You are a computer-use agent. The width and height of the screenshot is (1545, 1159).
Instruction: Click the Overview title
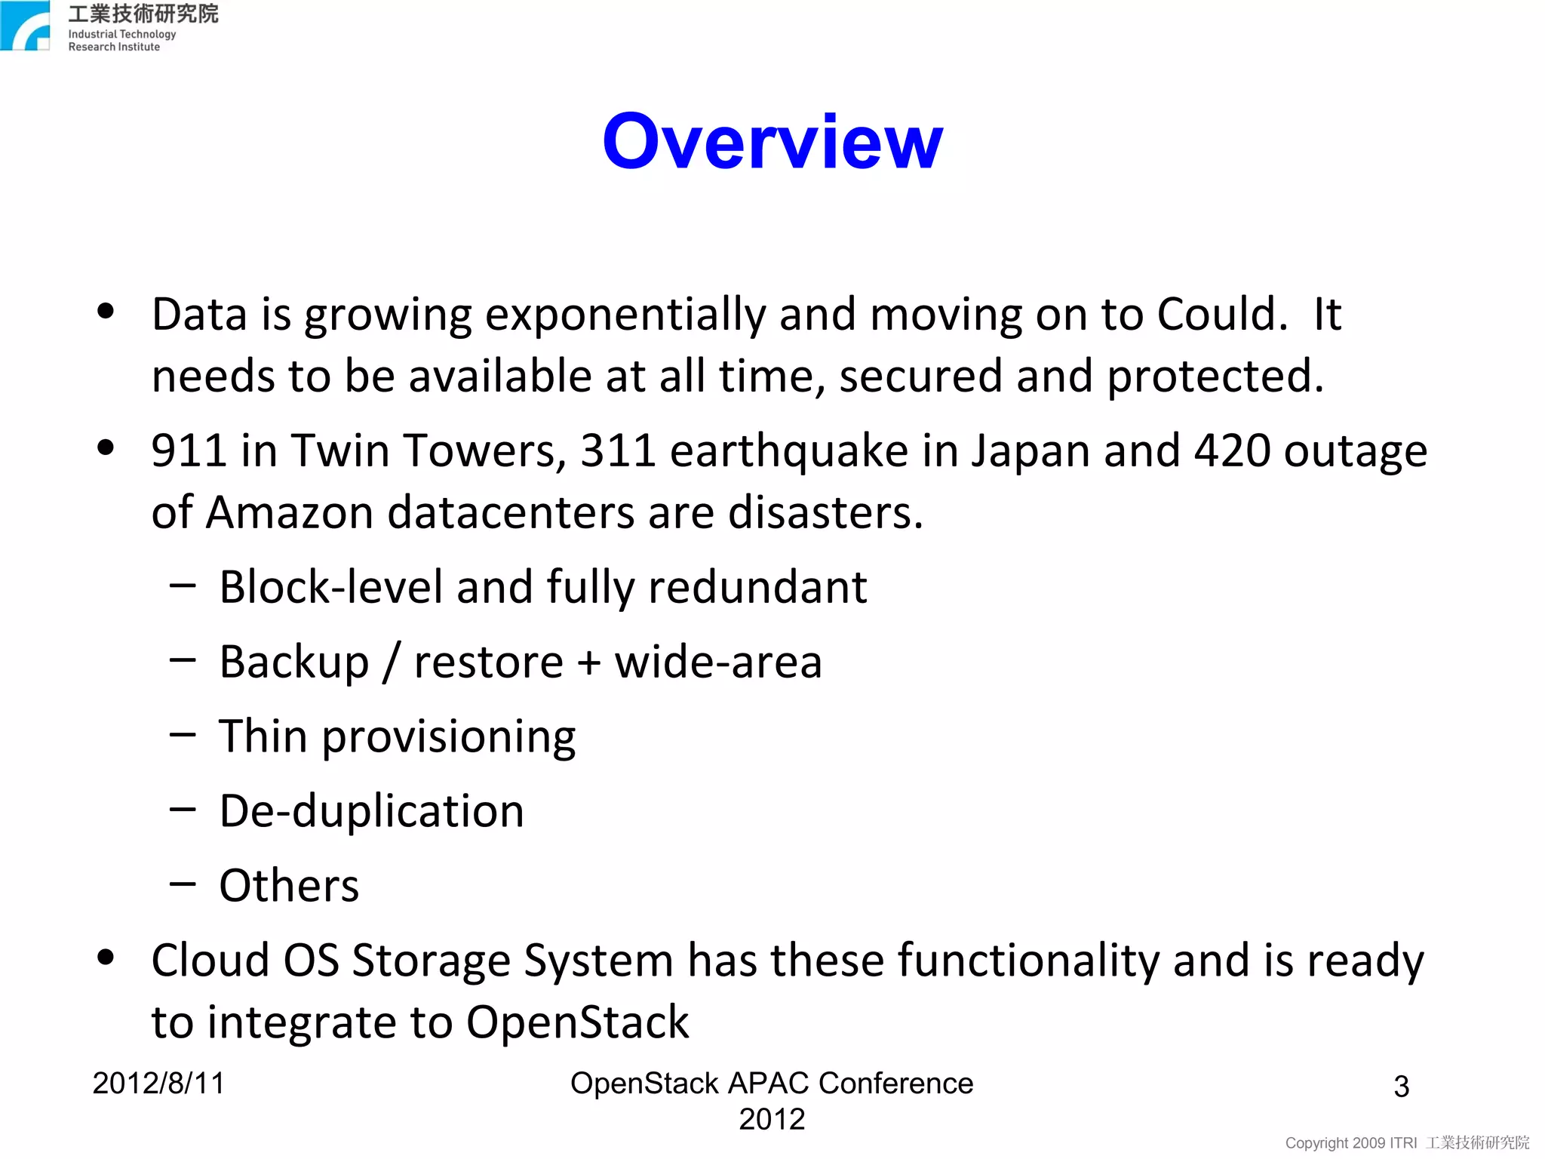(x=772, y=141)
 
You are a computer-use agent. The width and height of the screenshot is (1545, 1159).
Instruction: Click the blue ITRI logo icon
(x=25, y=26)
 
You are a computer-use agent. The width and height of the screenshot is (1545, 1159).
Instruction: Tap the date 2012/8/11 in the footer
(x=158, y=1084)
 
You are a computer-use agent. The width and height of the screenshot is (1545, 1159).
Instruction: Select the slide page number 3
(x=1401, y=1087)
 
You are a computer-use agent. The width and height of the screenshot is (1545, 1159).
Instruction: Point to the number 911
(x=189, y=450)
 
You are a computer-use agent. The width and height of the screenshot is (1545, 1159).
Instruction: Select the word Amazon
(x=289, y=512)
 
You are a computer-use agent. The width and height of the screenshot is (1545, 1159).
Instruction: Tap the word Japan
(x=1031, y=452)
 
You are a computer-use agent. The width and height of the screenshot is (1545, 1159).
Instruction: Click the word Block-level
(x=330, y=587)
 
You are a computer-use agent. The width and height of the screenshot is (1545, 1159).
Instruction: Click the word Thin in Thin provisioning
(x=263, y=736)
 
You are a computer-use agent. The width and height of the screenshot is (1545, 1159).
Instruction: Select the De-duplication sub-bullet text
(x=371, y=811)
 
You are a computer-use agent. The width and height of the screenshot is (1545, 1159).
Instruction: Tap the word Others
(x=289, y=886)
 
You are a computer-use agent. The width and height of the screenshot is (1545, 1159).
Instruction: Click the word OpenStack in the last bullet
(x=577, y=1022)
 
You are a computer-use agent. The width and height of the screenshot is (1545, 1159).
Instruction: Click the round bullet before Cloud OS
(x=106, y=957)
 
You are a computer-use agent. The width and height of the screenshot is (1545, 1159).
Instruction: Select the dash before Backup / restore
(x=183, y=660)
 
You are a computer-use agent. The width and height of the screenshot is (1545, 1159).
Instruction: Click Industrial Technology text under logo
(x=121, y=34)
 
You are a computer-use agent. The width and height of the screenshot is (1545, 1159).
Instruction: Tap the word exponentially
(x=625, y=315)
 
